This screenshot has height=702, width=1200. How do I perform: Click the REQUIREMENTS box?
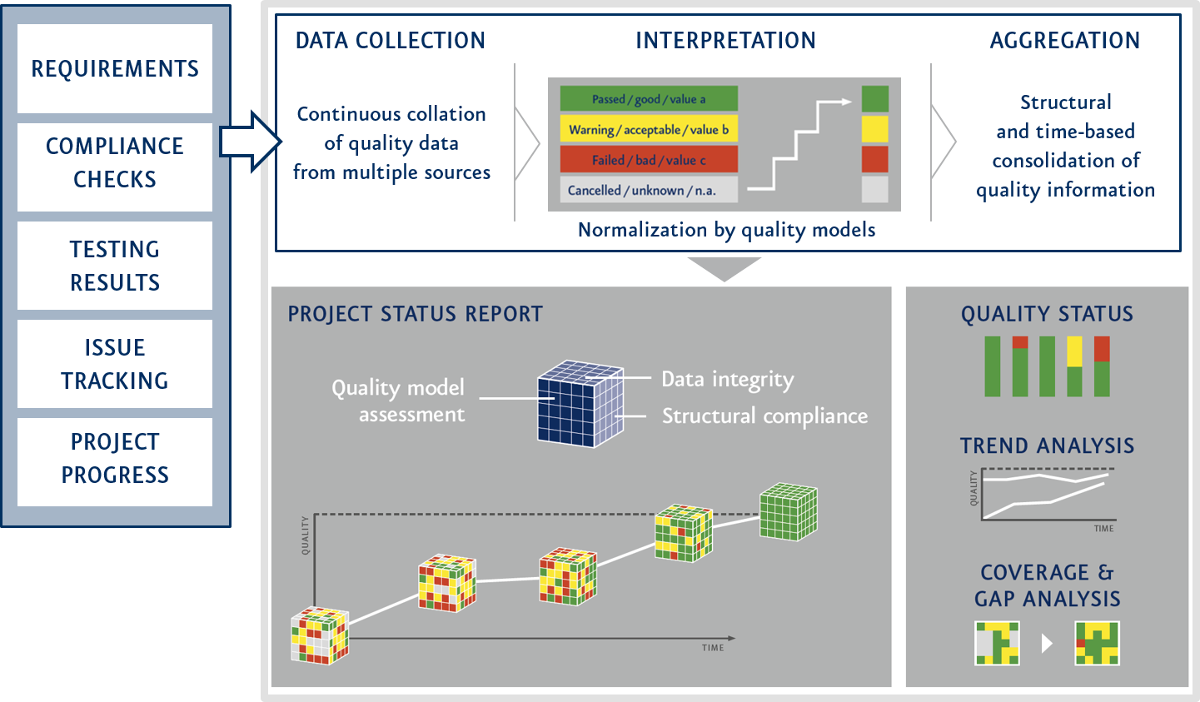coord(115,68)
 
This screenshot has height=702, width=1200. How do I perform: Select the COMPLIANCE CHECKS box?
coord(115,163)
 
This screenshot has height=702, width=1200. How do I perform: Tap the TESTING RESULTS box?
coord(115,266)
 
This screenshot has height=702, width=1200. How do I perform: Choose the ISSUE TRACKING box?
coord(115,364)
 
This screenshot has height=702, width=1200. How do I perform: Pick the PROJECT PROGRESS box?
coord(115,459)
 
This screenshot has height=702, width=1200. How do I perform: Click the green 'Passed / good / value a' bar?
coord(648,99)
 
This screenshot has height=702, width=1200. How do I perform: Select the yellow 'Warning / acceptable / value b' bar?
coord(648,130)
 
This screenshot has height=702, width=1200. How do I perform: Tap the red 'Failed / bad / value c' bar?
coord(648,160)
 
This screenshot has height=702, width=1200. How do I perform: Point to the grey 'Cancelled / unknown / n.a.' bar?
coord(648,190)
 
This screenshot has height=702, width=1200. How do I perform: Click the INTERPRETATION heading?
coord(725,41)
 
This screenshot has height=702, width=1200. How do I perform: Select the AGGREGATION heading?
coord(1064,41)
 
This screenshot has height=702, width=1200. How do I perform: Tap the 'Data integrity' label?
coord(727,380)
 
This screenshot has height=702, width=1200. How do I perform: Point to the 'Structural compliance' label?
coord(764,416)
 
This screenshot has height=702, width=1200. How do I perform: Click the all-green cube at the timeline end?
coord(788,512)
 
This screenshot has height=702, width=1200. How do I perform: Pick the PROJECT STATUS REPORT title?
coord(415,314)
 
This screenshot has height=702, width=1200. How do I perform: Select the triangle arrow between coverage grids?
coord(1047,644)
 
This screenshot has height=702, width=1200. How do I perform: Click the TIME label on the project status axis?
coord(712,648)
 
